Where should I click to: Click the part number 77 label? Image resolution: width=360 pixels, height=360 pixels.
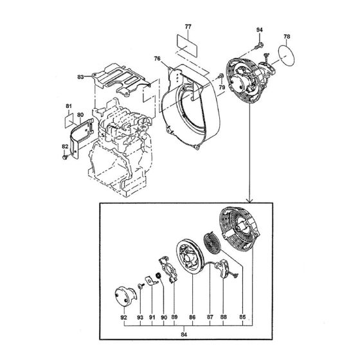coord(188,26)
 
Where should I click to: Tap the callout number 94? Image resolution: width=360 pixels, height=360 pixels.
coord(260,30)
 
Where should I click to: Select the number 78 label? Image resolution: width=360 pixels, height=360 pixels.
coord(287,37)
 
